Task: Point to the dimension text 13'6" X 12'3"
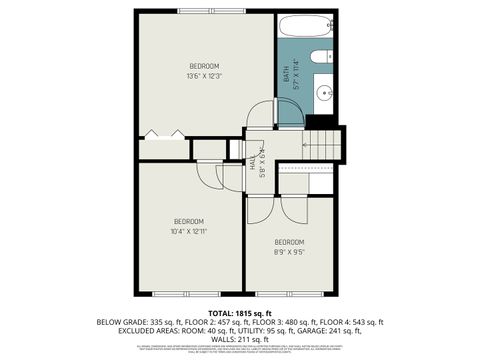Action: coord(204,76)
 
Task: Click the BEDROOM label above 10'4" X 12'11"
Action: coord(189,221)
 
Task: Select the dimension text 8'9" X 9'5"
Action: coord(289,252)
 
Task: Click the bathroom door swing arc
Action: coord(263,113)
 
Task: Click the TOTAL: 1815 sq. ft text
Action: coord(240,313)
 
